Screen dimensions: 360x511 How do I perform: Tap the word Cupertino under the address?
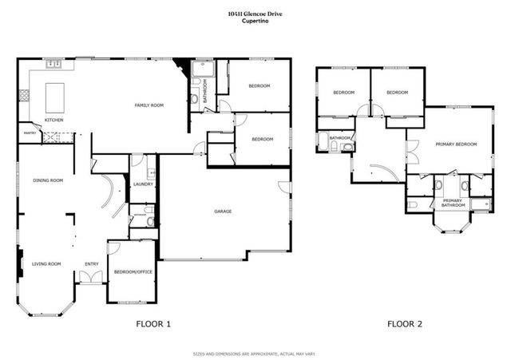[255, 21]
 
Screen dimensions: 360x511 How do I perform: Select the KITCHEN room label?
[54, 121]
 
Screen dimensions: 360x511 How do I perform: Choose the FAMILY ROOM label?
[149, 105]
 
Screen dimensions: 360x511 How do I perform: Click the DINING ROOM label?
[48, 180]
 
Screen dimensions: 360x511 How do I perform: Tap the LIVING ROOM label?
[46, 263]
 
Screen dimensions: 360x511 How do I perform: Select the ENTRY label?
[92, 263]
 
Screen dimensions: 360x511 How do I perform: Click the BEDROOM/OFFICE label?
[130, 271]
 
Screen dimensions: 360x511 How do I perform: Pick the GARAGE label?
[224, 212]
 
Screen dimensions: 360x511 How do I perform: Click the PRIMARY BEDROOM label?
[456, 144]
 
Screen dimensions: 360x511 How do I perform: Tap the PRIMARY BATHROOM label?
[453, 203]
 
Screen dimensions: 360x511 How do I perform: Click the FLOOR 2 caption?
[406, 324]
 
